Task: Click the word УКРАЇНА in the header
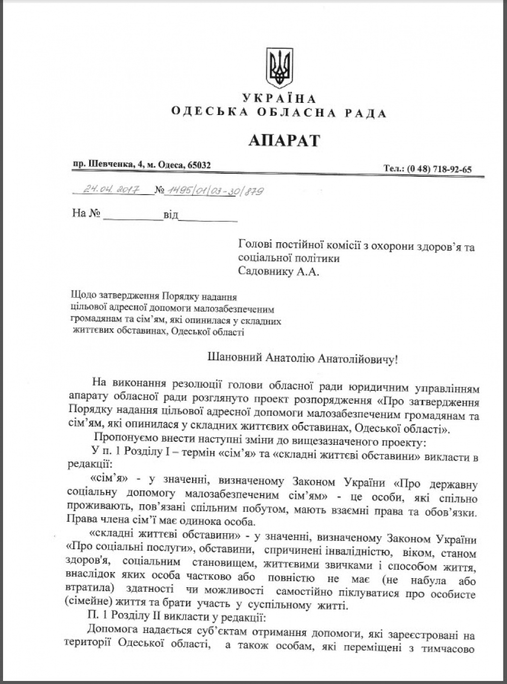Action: coord(279,99)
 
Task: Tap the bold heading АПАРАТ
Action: coord(284,139)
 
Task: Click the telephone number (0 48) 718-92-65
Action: coord(439,169)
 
